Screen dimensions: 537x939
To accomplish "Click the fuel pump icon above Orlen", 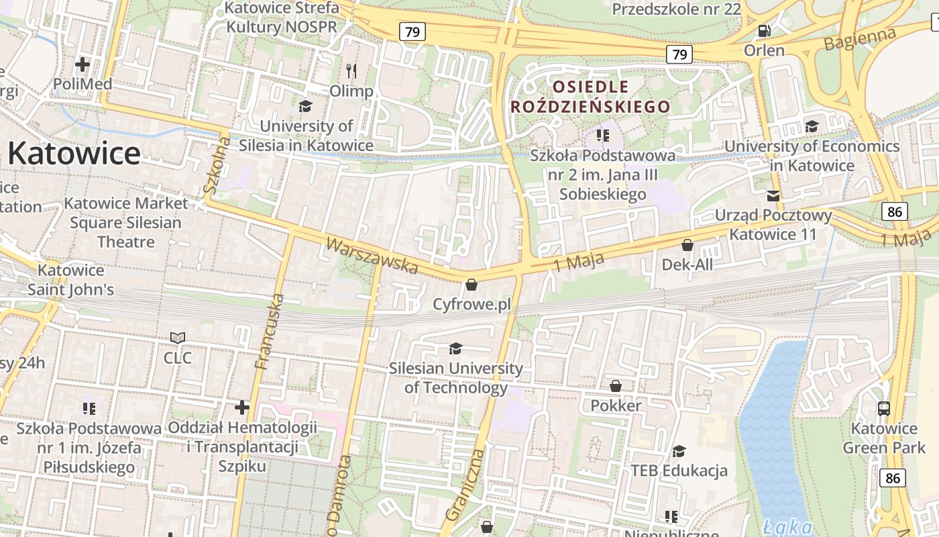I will coord(763,31).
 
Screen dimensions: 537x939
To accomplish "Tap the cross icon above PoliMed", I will coord(82,64).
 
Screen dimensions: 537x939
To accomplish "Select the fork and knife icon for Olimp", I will coord(351,70).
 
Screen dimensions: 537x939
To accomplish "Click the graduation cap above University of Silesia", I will coord(305,106).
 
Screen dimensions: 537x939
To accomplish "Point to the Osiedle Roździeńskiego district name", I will coord(590,97).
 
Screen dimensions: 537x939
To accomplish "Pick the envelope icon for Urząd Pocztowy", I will coord(773,195).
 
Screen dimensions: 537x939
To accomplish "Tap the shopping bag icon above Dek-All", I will coord(687,245).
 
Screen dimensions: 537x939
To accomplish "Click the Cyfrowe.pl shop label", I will coord(472,304).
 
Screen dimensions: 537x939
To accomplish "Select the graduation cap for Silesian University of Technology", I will coord(455,348).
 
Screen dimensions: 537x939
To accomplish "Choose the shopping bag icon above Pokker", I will coord(615,386).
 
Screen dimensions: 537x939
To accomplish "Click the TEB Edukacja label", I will coord(679,471).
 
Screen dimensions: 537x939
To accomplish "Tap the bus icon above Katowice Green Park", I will coord(884,408).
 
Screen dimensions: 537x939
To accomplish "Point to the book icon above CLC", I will coord(178,338).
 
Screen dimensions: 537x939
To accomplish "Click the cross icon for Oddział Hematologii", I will coord(242,407).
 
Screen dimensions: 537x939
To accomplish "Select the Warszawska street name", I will coord(372,255).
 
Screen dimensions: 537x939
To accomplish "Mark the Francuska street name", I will coord(270,332).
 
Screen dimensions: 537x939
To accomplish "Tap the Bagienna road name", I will coord(861,39).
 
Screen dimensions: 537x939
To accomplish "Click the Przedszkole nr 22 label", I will coord(676,9).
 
